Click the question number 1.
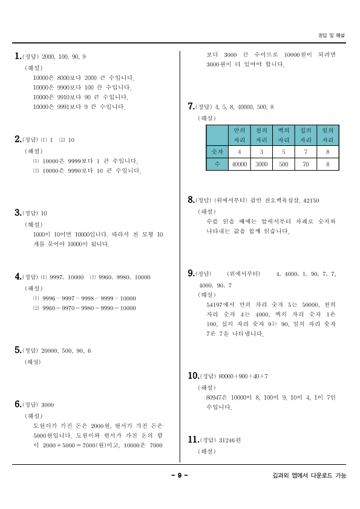click(17, 56)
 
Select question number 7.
click(191, 107)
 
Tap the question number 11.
click(194, 439)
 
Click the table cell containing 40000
click(240, 164)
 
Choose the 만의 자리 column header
click(240, 134)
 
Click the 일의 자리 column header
click(327, 134)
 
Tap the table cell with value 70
click(305, 164)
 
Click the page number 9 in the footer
click(180, 475)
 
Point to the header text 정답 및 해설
click(332, 36)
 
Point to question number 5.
click(17, 350)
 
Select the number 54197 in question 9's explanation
click(217, 305)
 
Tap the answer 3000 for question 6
click(48, 405)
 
